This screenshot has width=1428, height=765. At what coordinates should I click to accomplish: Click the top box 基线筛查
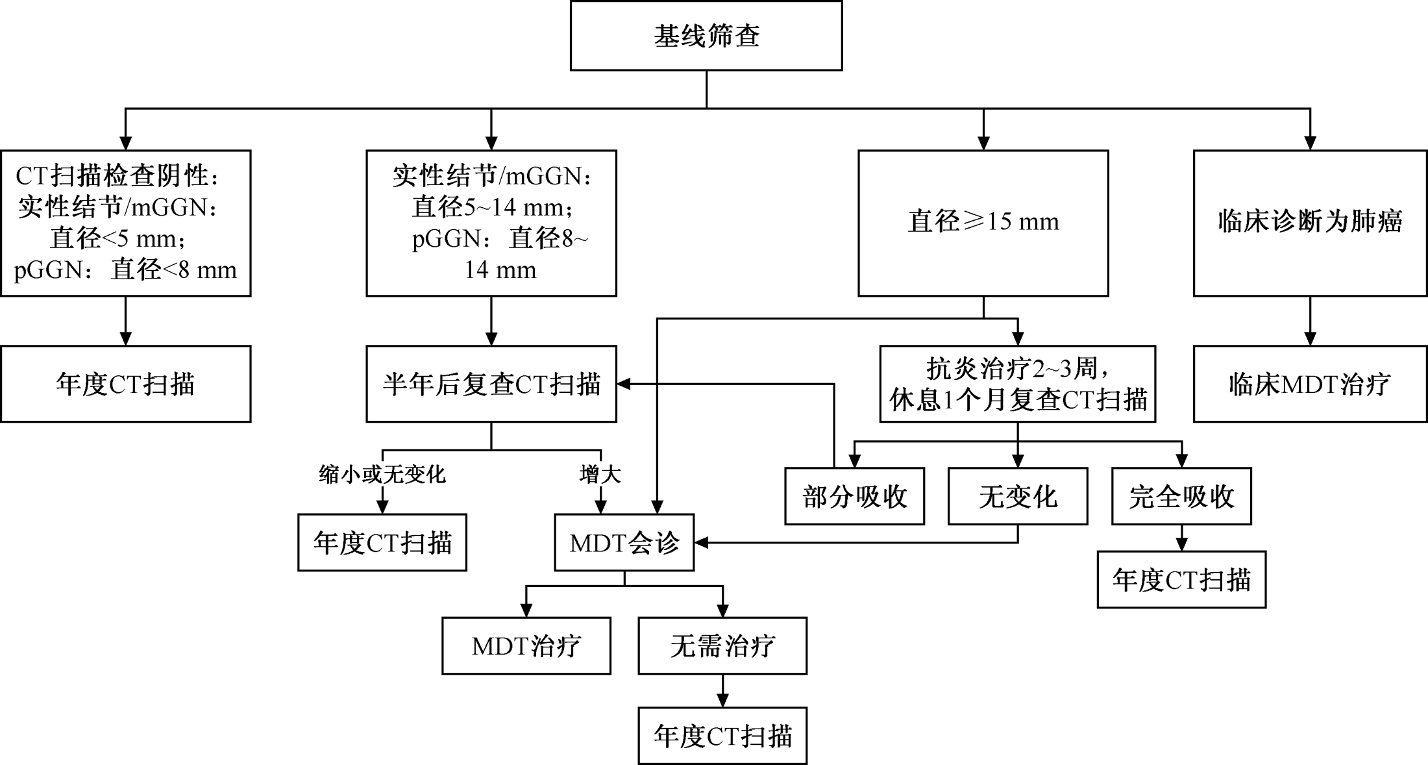(706, 36)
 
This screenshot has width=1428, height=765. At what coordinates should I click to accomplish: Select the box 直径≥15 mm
(983, 223)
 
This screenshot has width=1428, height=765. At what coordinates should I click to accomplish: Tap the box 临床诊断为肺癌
(1310, 223)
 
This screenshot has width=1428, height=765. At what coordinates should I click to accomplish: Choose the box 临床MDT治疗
(1310, 384)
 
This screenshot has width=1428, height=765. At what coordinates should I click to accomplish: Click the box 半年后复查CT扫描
(491, 384)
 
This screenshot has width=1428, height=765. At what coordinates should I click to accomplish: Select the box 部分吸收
(854, 496)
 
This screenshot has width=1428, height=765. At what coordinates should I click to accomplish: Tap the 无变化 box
(1017, 496)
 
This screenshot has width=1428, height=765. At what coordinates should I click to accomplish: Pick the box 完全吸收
(1181, 496)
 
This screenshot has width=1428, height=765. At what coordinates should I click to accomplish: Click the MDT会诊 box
(624, 543)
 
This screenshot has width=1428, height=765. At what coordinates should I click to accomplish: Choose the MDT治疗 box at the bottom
(526, 646)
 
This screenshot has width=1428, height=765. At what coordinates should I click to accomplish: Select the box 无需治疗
(722, 646)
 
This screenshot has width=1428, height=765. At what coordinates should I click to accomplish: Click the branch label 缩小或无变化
(382, 475)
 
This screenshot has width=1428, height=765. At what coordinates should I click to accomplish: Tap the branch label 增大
(600, 475)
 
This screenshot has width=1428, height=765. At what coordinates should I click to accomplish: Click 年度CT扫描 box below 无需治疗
(722, 736)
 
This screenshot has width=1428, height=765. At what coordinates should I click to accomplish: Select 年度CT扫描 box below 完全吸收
(1181, 580)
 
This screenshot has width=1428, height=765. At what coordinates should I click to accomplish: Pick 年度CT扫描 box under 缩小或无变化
(382, 543)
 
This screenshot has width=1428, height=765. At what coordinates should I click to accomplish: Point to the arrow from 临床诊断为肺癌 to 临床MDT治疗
(1310, 321)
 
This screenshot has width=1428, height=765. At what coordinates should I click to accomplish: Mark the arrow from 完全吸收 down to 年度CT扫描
(1181, 538)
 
